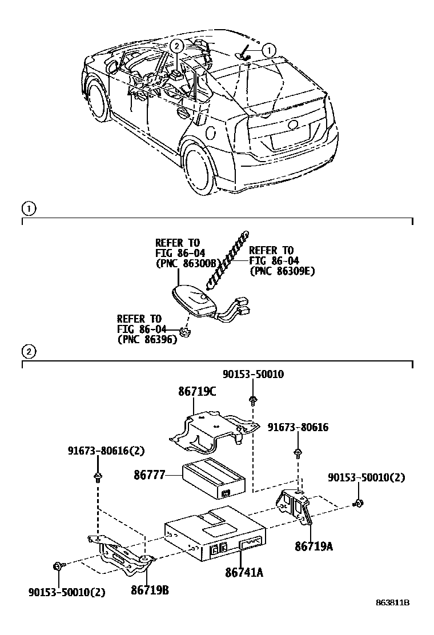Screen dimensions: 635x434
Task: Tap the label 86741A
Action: (x=244, y=572)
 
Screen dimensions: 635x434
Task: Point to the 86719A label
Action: (x=314, y=546)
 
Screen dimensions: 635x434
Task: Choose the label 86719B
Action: (x=150, y=590)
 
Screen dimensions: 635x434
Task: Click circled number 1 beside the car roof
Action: (x=268, y=50)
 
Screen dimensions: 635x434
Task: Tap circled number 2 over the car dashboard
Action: (x=177, y=46)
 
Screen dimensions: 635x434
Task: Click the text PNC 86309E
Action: (x=282, y=271)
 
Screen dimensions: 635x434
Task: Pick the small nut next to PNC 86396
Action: (x=184, y=330)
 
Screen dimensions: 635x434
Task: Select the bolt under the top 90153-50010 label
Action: (x=252, y=400)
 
